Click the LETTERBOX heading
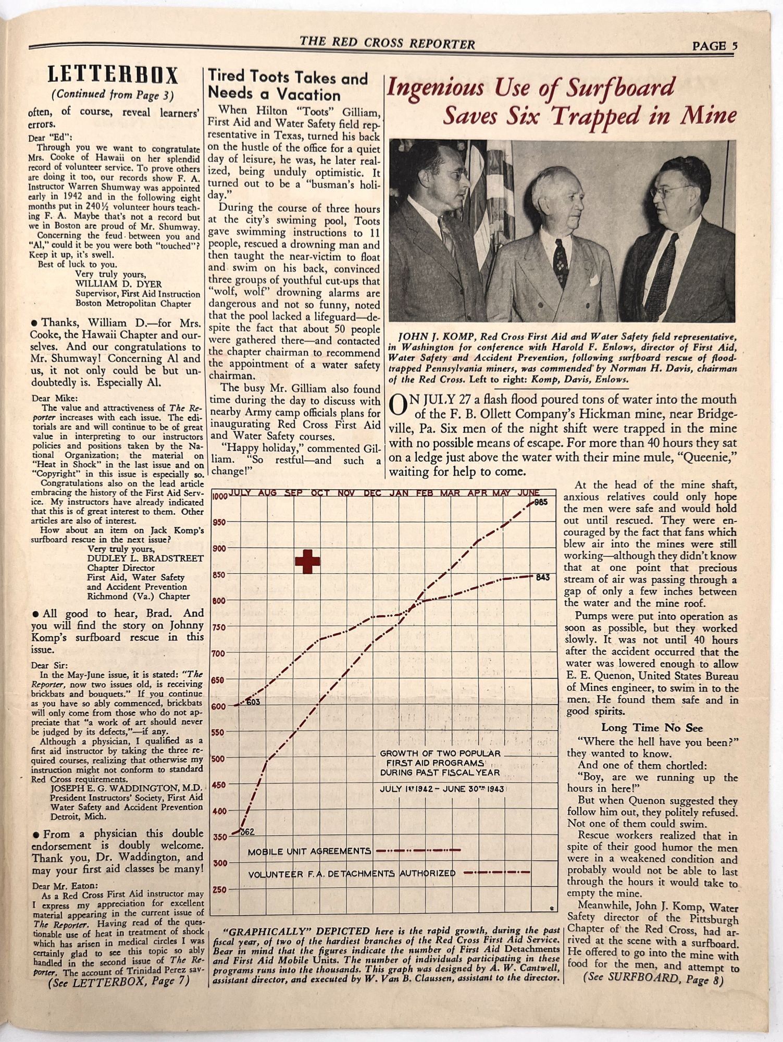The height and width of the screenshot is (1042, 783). [x=113, y=76]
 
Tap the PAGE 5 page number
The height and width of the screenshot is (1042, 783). [x=715, y=46]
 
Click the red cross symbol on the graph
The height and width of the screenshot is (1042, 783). [x=307, y=561]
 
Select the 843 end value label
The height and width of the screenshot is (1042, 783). [x=543, y=577]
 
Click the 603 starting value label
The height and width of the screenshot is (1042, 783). [x=253, y=702]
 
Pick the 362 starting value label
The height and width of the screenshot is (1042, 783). [x=247, y=832]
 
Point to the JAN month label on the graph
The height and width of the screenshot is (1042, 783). [x=399, y=493]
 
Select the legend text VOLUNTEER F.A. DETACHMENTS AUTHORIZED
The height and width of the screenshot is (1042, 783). [x=352, y=874]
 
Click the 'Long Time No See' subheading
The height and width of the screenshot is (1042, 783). [x=652, y=728]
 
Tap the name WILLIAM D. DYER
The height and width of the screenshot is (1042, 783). [x=119, y=284]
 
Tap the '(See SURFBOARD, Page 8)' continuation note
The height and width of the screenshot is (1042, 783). [x=653, y=979]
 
